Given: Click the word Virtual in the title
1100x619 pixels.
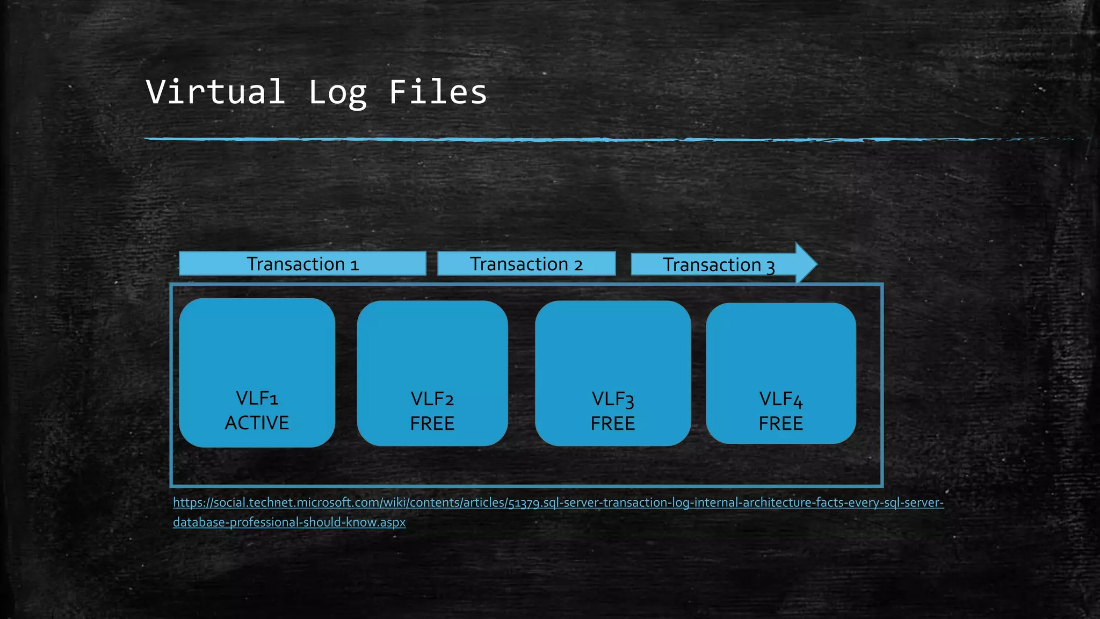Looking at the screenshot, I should [x=215, y=92].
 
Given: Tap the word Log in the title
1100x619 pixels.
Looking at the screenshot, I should [x=337, y=93].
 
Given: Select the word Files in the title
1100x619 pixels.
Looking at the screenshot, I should [x=437, y=92].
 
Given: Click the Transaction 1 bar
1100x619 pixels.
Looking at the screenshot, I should [x=302, y=264].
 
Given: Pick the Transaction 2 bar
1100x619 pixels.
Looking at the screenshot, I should [x=526, y=264].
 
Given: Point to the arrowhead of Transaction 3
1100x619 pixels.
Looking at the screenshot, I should [x=805, y=264].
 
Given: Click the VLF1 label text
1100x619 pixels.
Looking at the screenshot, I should [x=257, y=399].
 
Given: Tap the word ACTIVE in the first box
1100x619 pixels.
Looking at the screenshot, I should [x=257, y=423].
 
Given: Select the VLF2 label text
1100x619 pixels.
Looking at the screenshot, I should [x=432, y=399].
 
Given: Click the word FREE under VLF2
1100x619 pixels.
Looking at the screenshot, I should [x=432, y=423].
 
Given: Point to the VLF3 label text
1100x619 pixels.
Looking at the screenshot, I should [x=613, y=399].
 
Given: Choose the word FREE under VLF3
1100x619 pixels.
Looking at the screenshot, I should [x=613, y=423].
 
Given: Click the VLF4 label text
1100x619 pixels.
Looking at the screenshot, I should [x=780, y=399].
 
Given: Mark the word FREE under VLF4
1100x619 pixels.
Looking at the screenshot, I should [x=780, y=423].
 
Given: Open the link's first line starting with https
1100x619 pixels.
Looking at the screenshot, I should [x=558, y=502].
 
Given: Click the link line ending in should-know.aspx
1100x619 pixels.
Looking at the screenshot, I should [x=289, y=522].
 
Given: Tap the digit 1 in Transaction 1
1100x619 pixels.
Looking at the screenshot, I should [x=354, y=265].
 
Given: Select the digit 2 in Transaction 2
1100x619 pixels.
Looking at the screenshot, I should [x=578, y=265].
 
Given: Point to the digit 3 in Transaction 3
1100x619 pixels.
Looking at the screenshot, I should [x=770, y=266].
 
